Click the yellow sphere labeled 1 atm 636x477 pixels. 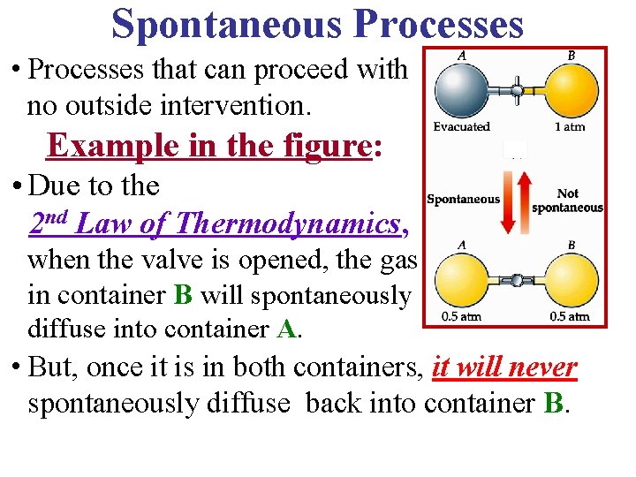pyautogui.click(x=569, y=88)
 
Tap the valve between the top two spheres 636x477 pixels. pyautogui.click(x=517, y=88)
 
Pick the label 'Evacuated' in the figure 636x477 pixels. pyautogui.click(x=461, y=127)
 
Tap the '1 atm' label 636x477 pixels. pyautogui.click(x=570, y=127)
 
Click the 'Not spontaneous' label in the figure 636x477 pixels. pyautogui.click(x=568, y=201)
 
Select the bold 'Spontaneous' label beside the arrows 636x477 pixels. pyautogui.click(x=463, y=200)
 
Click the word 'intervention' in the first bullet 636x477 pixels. pyautogui.click(x=222, y=107)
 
